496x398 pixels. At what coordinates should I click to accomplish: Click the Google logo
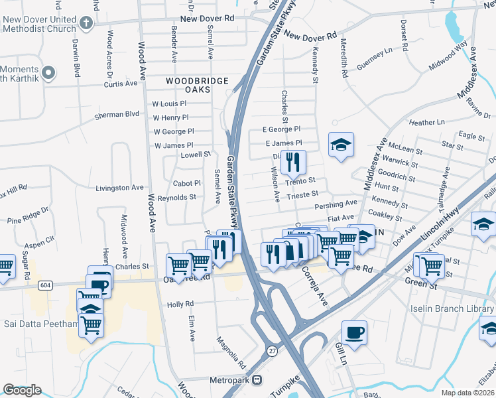tap(22, 390)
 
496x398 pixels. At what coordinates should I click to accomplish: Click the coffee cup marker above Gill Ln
tap(354, 332)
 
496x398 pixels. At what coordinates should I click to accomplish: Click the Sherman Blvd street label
tap(117, 114)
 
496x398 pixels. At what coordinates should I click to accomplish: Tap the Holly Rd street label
tap(180, 304)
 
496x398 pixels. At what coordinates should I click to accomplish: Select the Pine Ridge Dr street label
tap(28, 216)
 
